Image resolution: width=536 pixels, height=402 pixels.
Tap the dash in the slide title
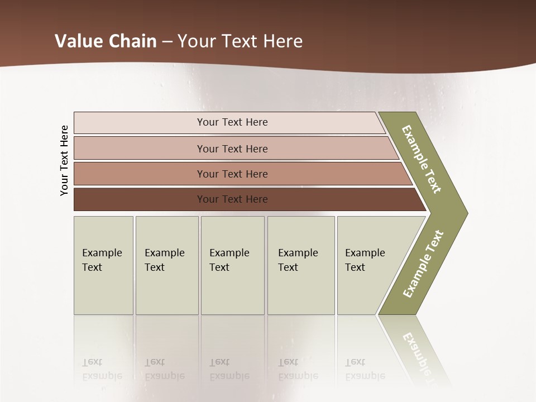point(167,42)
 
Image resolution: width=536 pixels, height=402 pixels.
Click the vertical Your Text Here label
point(64,160)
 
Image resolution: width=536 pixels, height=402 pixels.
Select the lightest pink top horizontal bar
point(232,122)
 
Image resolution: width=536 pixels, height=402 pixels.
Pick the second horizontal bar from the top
point(232,149)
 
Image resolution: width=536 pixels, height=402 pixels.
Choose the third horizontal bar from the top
point(232,174)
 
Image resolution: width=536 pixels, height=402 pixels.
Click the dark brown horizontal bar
point(232,199)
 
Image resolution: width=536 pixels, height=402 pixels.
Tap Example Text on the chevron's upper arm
point(422,159)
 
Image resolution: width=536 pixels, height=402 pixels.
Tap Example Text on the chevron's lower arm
point(423,264)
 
